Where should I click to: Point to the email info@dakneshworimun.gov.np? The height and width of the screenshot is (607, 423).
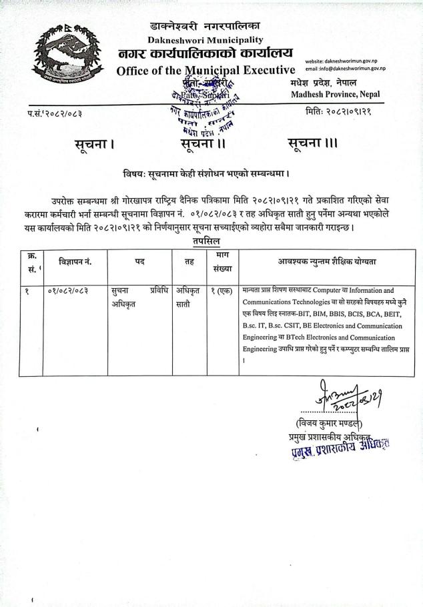tap(345, 69)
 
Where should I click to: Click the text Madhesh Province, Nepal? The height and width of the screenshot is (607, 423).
tap(335, 94)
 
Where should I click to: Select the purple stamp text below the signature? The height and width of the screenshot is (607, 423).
tap(340, 448)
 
